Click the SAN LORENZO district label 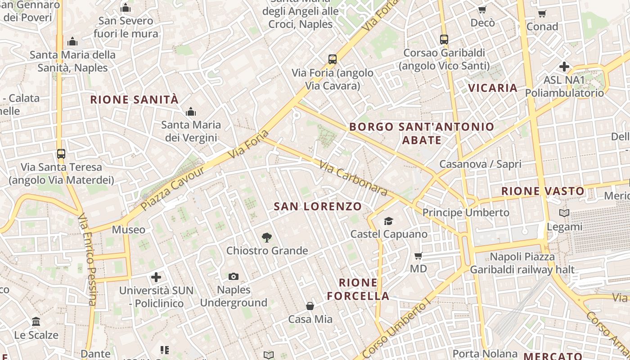point(318,207)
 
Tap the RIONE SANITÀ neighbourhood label point(135,99)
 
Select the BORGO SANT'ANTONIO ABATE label point(422,133)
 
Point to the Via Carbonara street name point(353,179)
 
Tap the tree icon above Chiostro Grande point(267,238)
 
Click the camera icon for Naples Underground point(234,276)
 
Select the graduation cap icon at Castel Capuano point(388,221)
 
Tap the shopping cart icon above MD point(418,256)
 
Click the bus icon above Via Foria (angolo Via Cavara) point(333,59)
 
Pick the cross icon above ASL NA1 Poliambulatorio point(564,67)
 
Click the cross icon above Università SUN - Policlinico point(156,277)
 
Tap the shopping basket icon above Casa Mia point(310,306)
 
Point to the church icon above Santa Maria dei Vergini point(191,111)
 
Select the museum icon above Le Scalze point(36,322)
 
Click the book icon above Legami point(564,213)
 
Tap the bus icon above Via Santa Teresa point(61,154)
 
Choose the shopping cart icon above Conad point(542,13)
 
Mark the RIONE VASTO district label point(543,191)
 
